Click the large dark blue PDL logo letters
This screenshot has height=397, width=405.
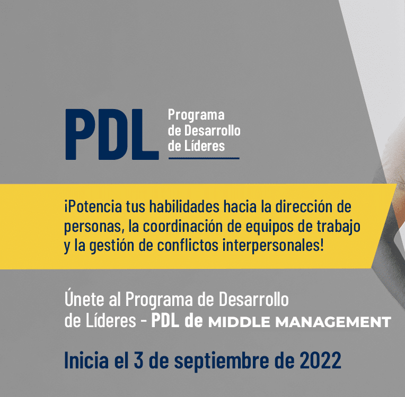(x=112, y=134)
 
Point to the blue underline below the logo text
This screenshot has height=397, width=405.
(x=204, y=158)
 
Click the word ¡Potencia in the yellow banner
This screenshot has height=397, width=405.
(x=93, y=207)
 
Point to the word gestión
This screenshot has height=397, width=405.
(x=112, y=246)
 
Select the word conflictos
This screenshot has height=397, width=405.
(x=188, y=245)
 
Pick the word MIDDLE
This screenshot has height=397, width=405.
(x=239, y=322)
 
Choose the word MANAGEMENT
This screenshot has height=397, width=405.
(x=333, y=322)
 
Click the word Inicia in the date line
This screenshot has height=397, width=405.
(x=86, y=359)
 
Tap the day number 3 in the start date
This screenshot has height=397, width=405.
(x=138, y=360)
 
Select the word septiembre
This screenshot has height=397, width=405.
(x=222, y=361)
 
